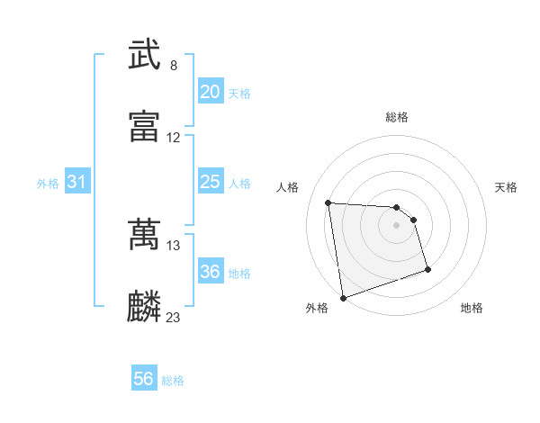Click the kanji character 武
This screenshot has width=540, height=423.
pos(144,56)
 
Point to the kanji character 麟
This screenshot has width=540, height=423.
pos(144,306)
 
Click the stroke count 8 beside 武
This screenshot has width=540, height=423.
pos(174,66)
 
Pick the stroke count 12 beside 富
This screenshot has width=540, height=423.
pos(174,138)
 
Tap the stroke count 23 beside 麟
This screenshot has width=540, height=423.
pos(174,317)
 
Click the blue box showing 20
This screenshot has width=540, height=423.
pos(210,92)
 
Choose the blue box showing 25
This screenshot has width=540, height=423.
pos(210,182)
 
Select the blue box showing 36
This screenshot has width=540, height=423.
pos(210,272)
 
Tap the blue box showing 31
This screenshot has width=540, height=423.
pos(76,182)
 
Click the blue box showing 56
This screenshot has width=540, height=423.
pos(144,379)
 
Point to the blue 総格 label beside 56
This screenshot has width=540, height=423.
pos(173,381)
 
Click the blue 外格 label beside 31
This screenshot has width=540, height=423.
pos(48,184)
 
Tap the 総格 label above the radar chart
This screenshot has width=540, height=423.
pos(397,117)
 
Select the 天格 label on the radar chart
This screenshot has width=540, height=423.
pos(506,187)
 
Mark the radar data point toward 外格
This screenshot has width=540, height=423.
pos(342,297)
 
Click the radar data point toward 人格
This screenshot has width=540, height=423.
pos(328,202)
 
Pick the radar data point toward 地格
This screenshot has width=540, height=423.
pos(427,269)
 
